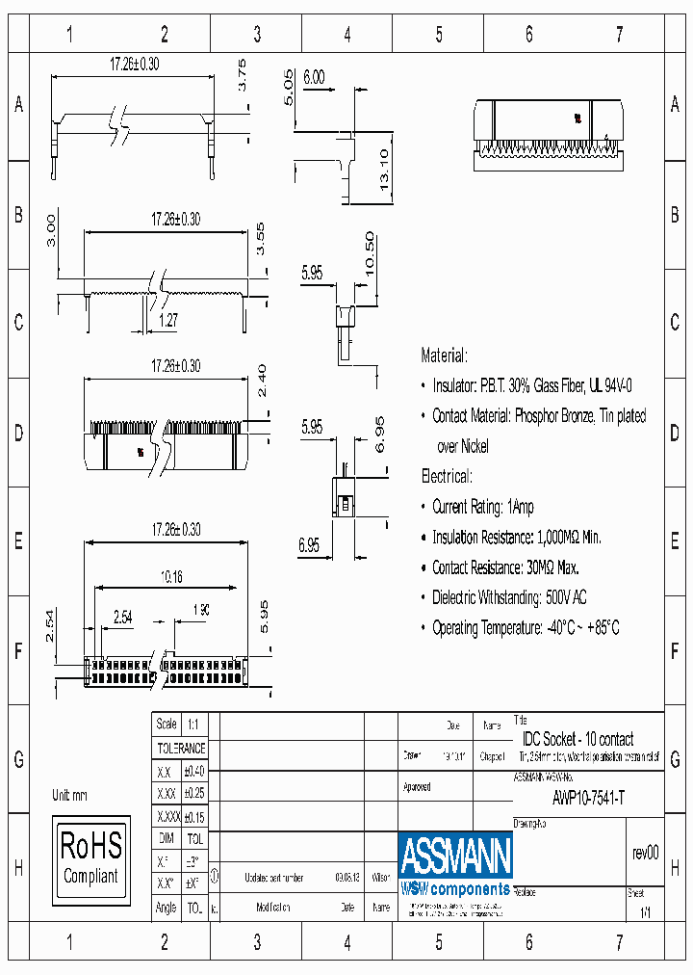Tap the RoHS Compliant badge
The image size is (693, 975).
click(91, 856)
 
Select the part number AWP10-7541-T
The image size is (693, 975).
click(588, 798)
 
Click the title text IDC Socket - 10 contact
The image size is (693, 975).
click(577, 739)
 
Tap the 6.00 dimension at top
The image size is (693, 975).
click(314, 78)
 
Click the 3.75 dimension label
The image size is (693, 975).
click(243, 75)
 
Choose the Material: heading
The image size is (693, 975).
click(445, 356)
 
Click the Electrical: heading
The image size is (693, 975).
click(447, 476)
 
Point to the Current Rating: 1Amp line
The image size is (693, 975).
click(482, 507)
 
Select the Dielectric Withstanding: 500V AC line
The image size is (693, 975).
click(509, 597)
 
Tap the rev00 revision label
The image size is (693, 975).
click(645, 853)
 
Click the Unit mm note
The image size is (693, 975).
click(69, 796)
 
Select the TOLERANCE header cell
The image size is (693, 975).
click(181, 749)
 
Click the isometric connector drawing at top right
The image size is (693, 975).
click(546, 135)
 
